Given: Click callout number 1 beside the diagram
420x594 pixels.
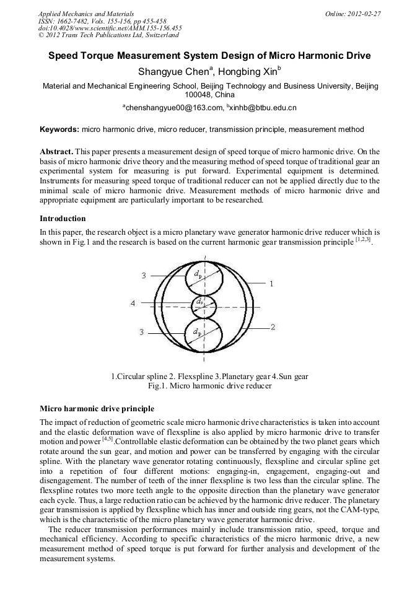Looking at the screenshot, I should [x=271, y=283].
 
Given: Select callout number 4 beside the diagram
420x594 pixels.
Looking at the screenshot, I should [x=133, y=304].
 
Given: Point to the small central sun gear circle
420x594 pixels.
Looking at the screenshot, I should [x=204, y=305].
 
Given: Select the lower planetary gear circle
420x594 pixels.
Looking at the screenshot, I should [x=204, y=335].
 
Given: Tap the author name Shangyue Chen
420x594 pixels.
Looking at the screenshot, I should [x=174, y=72].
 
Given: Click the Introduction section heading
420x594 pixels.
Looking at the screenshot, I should [x=63, y=219].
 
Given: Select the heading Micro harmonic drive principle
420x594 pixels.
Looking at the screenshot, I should [x=97, y=409].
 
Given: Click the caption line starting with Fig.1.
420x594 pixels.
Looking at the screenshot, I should [x=209, y=386].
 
